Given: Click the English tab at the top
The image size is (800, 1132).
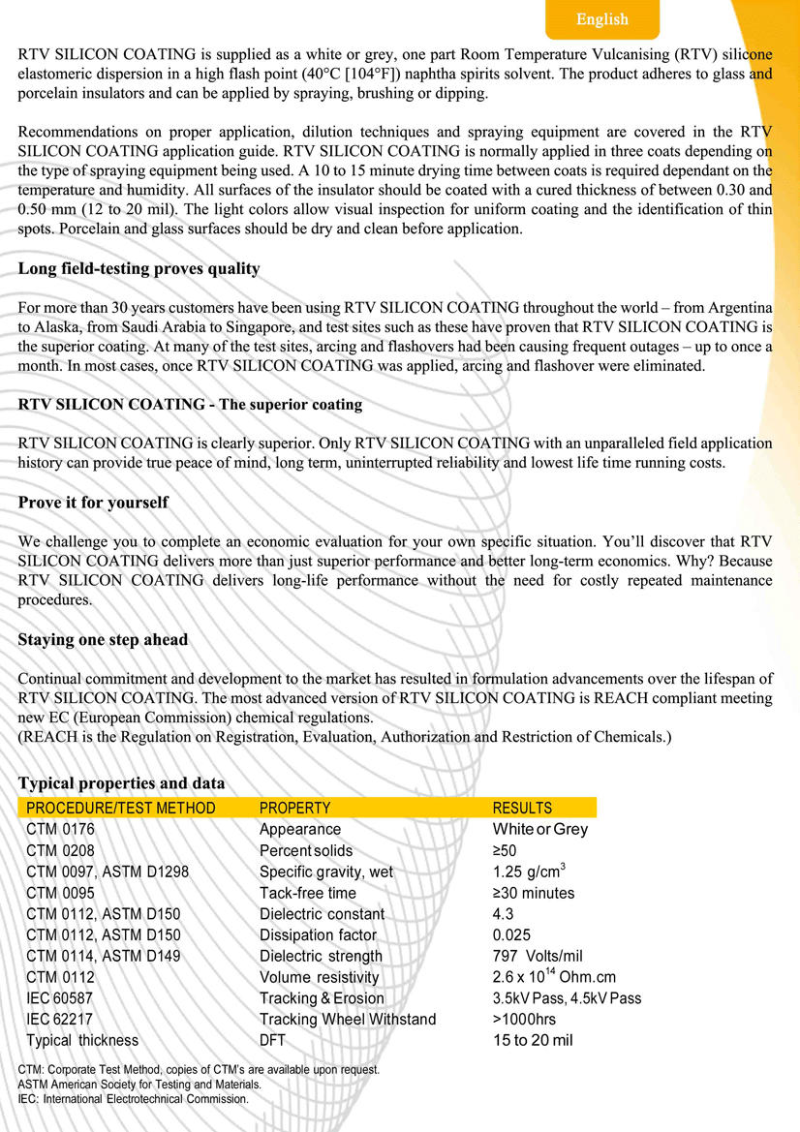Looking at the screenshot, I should [x=602, y=19].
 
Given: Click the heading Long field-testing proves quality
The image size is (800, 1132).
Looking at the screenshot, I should [x=138, y=268].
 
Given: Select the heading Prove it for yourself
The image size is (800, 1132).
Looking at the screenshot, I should [x=93, y=503].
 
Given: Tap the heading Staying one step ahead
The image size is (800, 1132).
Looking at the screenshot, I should [x=103, y=640].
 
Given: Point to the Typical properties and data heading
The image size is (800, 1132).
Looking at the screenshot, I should [x=121, y=783].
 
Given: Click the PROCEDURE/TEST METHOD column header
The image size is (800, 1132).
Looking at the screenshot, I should [x=121, y=808].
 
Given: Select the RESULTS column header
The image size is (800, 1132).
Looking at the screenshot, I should [x=522, y=808].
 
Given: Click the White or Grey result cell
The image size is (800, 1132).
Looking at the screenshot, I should [x=539, y=829].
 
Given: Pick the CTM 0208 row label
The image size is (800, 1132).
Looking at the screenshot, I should [x=60, y=850].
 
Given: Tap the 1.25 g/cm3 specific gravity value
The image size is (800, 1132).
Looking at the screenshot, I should [x=529, y=872].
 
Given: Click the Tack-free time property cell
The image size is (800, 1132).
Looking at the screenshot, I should [x=307, y=893].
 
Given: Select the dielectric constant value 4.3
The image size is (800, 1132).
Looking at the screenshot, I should [x=503, y=914].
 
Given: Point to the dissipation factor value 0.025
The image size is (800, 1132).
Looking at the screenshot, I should [x=510, y=935].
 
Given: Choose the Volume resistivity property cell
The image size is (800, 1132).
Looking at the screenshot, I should [x=319, y=978].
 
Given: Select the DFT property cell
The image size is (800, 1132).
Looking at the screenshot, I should [x=272, y=1041].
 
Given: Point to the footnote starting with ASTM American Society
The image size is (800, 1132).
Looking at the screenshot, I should [x=139, y=1085].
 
